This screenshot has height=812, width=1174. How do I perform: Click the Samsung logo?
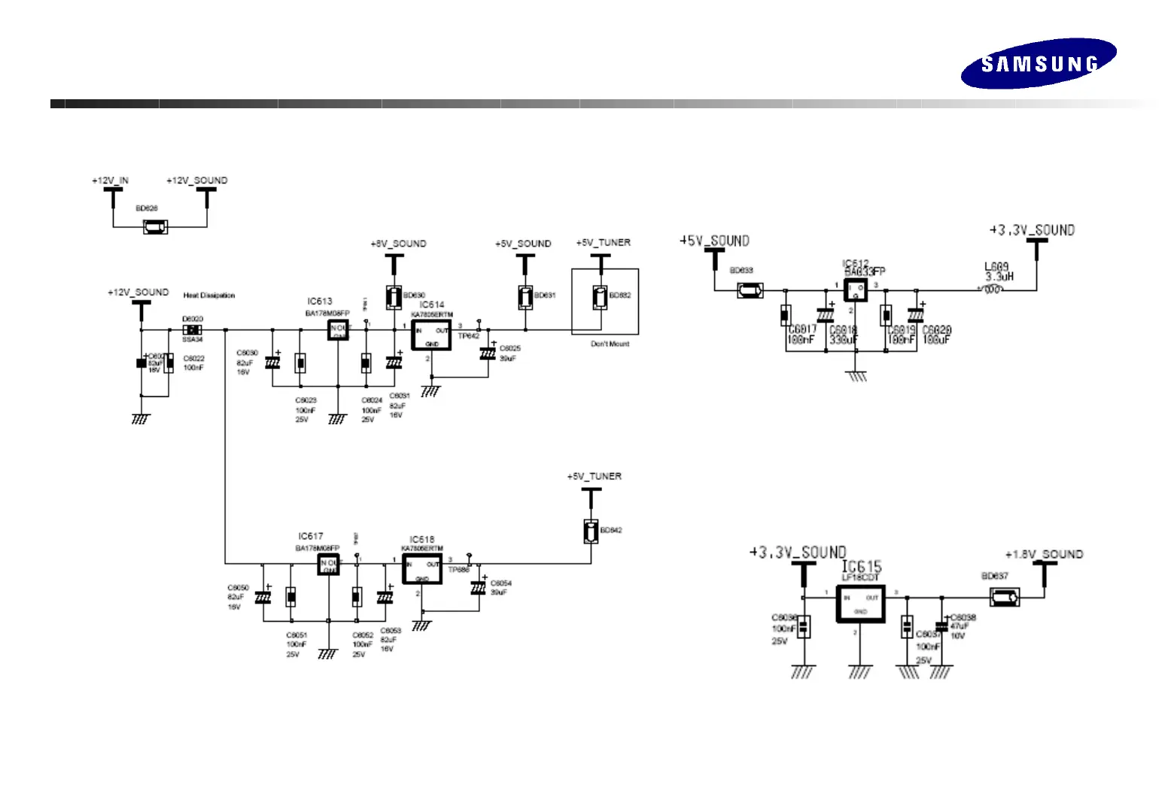click(1038, 64)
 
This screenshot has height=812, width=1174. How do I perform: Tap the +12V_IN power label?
click(110, 180)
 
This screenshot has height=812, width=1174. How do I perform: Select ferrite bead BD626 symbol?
click(155, 226)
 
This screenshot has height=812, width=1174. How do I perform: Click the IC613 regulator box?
click(338, 329)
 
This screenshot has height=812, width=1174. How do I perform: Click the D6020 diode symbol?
click(193, 329)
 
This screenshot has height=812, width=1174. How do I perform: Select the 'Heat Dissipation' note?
click(209, 295)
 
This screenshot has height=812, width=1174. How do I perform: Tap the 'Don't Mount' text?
click(610, 344)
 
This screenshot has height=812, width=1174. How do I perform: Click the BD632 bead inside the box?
click(600, 298)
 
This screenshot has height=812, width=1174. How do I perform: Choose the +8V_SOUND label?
click(398, 244)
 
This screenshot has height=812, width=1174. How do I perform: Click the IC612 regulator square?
click(855, 290)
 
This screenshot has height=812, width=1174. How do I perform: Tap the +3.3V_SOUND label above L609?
click(1032, 230)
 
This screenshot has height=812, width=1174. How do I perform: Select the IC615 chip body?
click(860, 604)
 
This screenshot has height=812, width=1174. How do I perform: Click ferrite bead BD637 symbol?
click(1004, 598)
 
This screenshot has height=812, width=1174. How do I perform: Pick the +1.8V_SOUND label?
click(1044, 555)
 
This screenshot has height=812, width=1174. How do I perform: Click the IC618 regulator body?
click(421, 570)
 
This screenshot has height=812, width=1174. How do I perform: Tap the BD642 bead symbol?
click(592, 531)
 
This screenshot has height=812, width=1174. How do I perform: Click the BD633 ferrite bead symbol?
click(750, 290)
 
